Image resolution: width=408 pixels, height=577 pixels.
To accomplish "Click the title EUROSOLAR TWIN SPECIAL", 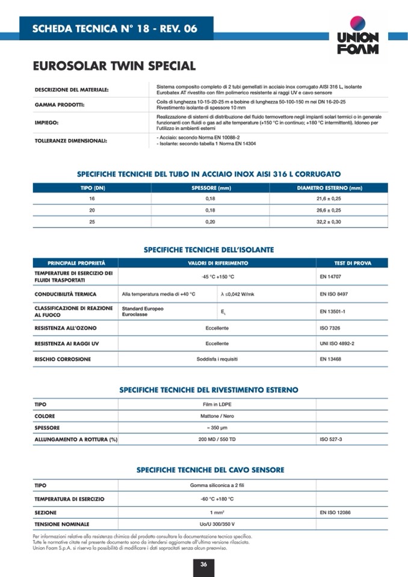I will (x=114, y=66).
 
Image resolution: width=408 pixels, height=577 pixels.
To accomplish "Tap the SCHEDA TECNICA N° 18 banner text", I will (x=114, y=28).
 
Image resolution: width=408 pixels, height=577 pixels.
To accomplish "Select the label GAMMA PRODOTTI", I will (x=59, y=105).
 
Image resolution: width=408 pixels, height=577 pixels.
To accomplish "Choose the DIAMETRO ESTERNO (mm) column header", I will (x=329, y=188).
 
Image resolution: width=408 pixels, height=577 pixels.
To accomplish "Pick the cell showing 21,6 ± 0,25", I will (x=329, y=199).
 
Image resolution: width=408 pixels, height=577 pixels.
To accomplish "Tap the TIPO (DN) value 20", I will (x=91, y=210).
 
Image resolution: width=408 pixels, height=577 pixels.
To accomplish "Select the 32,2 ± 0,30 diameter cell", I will (x=329, y=221).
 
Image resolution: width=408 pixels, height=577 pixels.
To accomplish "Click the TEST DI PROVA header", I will (x=352, y=263).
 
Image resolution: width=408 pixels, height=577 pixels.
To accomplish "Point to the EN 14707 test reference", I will (x=331, y=277).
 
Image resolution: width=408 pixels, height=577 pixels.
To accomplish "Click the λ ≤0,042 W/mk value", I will (x=238, y=294).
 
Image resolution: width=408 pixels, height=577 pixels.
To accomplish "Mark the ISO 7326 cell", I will (x=330, y=329).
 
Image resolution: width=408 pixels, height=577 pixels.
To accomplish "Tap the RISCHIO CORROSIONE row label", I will (x=63, y=359).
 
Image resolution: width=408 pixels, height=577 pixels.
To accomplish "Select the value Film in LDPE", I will (x=217, y=405).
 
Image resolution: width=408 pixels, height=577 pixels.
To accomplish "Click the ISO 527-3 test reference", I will (x=331, y=440).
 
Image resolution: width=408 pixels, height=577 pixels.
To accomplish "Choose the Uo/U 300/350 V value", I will (x=217, y=524).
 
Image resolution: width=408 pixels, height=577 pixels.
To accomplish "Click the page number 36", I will (x=204, y=564).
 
